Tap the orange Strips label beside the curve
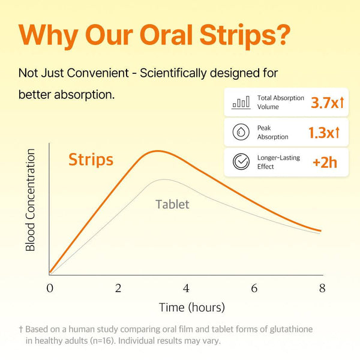pos(91,160)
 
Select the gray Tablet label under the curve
pos(172,204)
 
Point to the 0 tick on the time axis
pos(50,288)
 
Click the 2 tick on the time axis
pos(118,288)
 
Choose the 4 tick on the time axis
pos(186,288)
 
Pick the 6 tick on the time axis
pos(254,288)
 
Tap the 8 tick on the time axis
pos(322,288)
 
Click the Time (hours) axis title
pos(191,308)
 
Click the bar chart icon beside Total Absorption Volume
pos(241,103)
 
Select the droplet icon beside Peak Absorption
pos(241,133)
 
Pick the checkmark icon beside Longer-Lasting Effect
pos(241,162)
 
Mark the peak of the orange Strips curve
pos(157,151)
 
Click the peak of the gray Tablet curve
pos(163,179)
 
